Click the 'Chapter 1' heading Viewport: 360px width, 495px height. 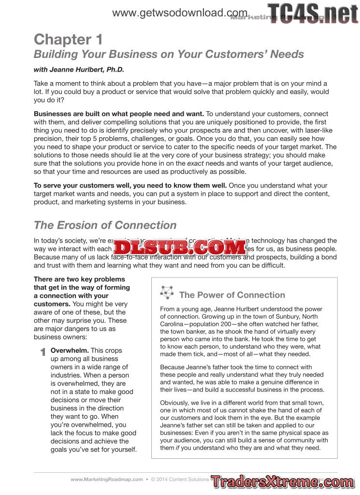coord(68,39)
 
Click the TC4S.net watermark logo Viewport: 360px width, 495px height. coord(313,14)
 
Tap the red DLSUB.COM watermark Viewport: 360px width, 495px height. coord(180,247)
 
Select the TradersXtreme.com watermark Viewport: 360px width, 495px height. coord(282,481)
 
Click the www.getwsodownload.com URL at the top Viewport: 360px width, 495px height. coord(180,13)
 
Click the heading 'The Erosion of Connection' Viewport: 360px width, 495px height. coord(105,225)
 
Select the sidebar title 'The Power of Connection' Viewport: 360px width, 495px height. coord(232,295)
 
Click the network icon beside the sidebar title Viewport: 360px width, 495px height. coord(167,292)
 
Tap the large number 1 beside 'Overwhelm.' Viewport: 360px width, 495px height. coord(43,352)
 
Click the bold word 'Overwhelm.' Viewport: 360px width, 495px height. coord(70,350)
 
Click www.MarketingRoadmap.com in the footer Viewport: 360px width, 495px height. coord(107,480)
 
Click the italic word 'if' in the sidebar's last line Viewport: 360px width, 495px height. coord(177,448)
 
